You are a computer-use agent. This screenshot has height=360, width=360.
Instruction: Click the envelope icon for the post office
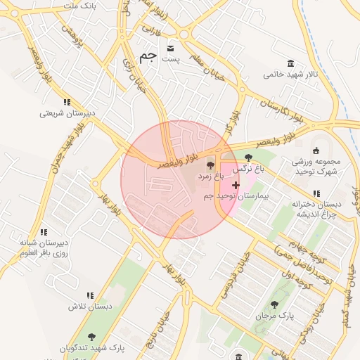coord(171,48)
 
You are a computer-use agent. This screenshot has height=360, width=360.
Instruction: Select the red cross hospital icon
coord(236,184)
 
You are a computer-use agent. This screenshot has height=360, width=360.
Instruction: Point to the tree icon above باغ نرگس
coord(248,157)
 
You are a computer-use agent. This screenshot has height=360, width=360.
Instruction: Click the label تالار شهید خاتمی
coord(291,74)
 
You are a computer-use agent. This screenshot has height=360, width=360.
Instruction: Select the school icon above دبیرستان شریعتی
coord(67,101)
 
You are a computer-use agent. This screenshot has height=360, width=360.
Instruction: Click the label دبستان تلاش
coord(90,307)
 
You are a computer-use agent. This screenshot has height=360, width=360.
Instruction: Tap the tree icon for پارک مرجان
coord(274,304)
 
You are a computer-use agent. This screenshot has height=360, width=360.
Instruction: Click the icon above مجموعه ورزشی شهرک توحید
coord(316,150)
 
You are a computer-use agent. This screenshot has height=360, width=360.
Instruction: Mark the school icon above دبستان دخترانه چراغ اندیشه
coord(316,193)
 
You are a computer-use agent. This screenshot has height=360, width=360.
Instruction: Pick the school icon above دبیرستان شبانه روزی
coord(44,232)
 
